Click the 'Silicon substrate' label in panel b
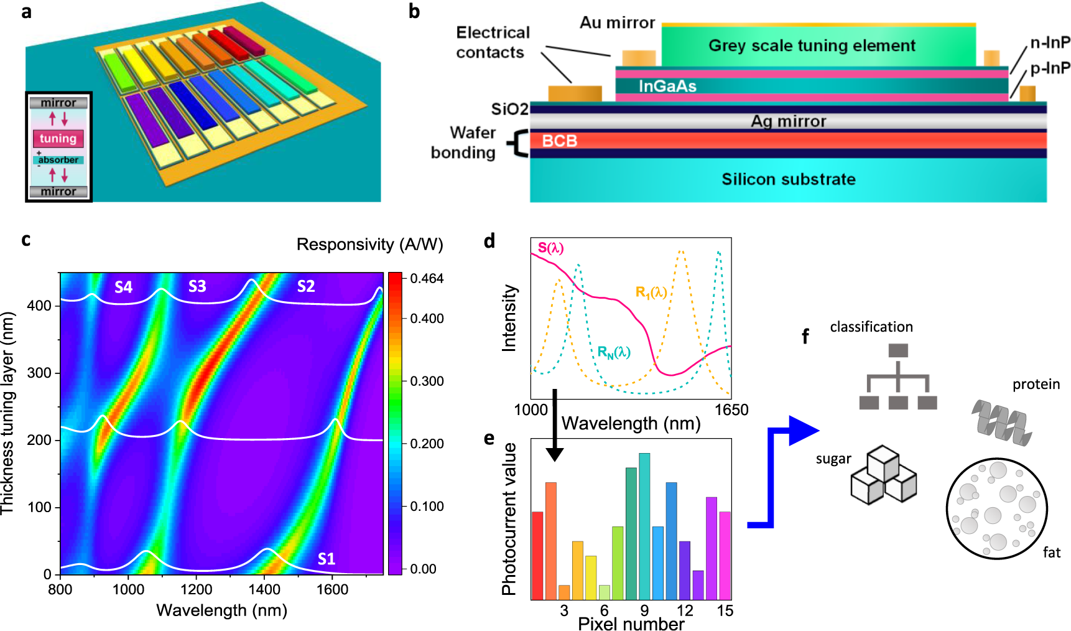point(788,179)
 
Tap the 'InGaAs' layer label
point(667,86)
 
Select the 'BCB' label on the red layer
point(559,141)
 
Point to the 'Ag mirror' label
point(788,121)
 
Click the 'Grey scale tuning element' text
point(812,45)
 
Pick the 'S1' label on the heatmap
point(327,558)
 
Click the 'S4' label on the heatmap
point(123,287)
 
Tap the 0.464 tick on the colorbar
point(427,278)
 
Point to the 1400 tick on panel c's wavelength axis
point(264,589)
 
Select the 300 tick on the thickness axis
point(39,373)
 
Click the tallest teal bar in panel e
point(644,526)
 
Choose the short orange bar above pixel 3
point(564,592)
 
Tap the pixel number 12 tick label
point(685,610)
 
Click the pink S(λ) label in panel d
point(550,248)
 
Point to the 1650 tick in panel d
point(731,410)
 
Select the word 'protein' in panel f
point(1036,384)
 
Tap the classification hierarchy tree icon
point(897,376)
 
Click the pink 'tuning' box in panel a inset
point(58,139)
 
